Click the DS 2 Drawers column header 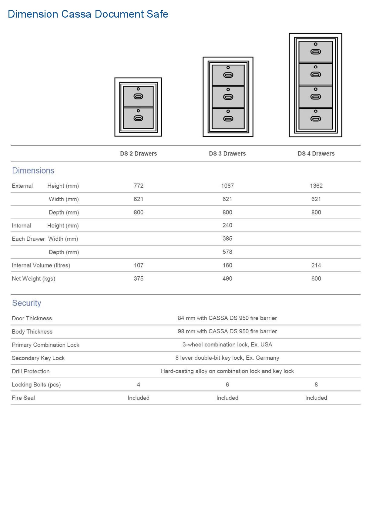tap(139, 153)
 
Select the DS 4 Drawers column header tap(316, 153)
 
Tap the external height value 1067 tap(227, 186)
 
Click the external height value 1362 tap(316, 186)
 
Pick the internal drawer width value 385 tap(227, 238)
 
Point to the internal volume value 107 tap(139, 265)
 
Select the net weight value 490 tap(227, 278)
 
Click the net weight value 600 tap(316, 278)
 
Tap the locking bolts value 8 tap(316, 384)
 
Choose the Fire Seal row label tap(23, 398)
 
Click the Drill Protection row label tap(31, 371)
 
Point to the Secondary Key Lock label tap(38, 358)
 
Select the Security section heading tap(27, 303)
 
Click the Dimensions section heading tap(33, 170)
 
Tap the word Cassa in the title tap(76, 14)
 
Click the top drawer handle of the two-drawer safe tap(138, 96)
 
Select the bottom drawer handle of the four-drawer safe tap(316, 119)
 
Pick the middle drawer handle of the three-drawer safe tap(228, 97)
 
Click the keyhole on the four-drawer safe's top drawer tap(316, 44)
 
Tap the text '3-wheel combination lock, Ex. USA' tap(227, 345)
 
